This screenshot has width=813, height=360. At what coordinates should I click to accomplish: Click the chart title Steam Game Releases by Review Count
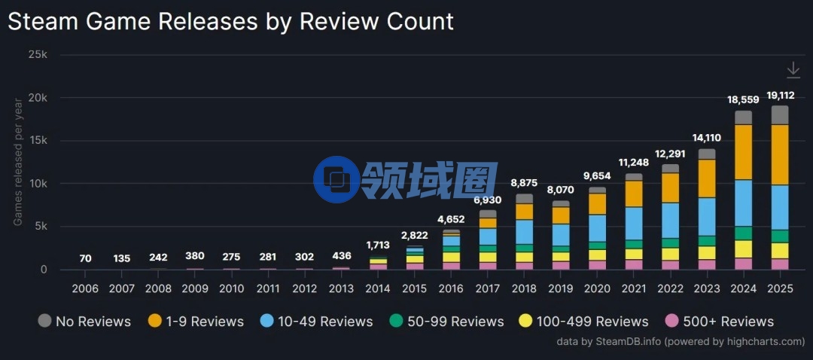(x=230, y=21)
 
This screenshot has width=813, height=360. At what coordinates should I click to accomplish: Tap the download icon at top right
(x=793, y=70)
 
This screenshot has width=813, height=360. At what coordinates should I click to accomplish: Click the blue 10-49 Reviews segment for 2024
(x=743, y=203)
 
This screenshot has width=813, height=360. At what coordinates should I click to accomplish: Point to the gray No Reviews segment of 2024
(x=743, y=117)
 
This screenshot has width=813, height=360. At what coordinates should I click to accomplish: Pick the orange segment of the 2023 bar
(x=707, y=178)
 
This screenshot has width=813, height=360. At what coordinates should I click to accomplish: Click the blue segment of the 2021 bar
(x=634, y=223)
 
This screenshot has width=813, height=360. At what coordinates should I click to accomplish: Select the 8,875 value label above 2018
(x=524, y=182)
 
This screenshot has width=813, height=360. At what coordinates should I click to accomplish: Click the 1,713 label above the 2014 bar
(x=378, y=245)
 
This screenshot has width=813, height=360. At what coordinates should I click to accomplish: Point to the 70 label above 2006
(x=85, y=258)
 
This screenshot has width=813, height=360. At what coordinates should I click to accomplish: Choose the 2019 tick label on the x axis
(x=561, y=289)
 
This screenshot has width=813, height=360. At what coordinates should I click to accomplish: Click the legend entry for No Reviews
(x=84, y=322)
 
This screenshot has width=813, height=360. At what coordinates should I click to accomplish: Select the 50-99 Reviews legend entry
(x=446, y=322)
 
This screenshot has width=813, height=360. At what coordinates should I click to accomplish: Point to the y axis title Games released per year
(x=17, y=162)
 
